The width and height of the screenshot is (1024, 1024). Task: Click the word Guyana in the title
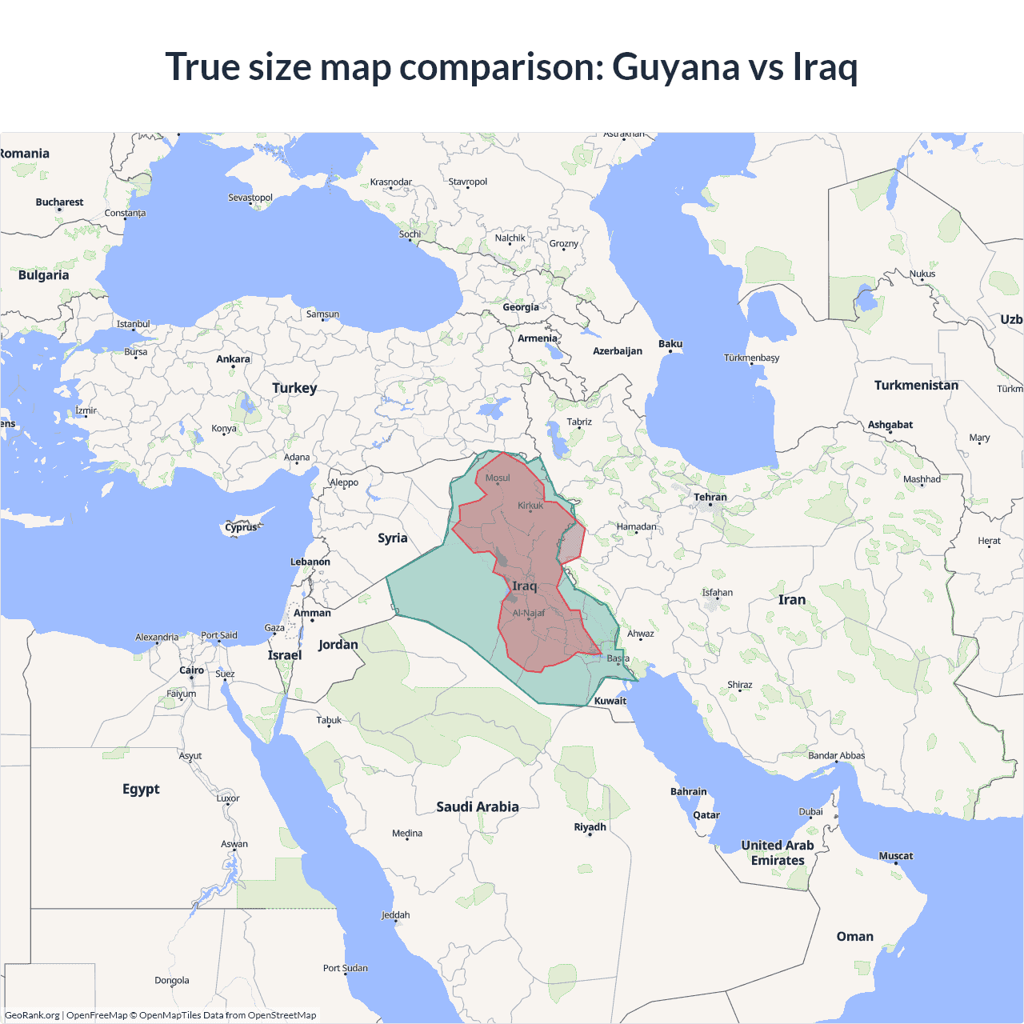[x=676, y=67]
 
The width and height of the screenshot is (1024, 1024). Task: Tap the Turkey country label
[x=294, y=388]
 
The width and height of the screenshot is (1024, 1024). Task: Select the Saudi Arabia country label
[x=478, y=806]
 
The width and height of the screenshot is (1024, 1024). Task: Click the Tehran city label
[x=710, y=497]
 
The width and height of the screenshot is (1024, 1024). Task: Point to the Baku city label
[x=670, y=344]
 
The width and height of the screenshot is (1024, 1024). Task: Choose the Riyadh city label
[x=590, y=826]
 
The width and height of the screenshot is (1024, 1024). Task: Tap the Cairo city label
[x=191, y=670]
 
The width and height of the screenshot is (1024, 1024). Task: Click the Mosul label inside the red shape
[x=498, y=478]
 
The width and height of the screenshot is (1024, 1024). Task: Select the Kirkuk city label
[x=530, y=506]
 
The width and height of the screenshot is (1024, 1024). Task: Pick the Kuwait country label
[x=610, y=701]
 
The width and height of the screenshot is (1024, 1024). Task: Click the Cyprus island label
[x=241, y=527]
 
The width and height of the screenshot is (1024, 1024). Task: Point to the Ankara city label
[x=233, y=359]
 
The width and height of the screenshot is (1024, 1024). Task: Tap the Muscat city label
[x=896, y=856]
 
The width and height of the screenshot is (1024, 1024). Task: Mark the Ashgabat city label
[x=890, y=425]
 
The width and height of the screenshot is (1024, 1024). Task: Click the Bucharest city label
[x=59, y=202]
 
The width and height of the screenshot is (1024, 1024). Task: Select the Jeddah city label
[x=395, y=915]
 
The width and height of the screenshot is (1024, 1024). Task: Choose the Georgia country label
[x=521, y=307]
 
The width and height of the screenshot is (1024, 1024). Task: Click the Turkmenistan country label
[x=916, y=385]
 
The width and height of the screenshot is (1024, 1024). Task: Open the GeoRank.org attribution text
[x=32, y=1015]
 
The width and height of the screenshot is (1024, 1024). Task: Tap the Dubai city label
[x=810, y=811]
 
